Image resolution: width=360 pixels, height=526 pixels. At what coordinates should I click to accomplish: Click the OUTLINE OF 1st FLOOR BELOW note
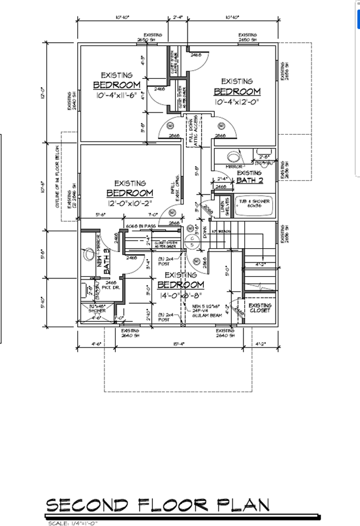[56, 183]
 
